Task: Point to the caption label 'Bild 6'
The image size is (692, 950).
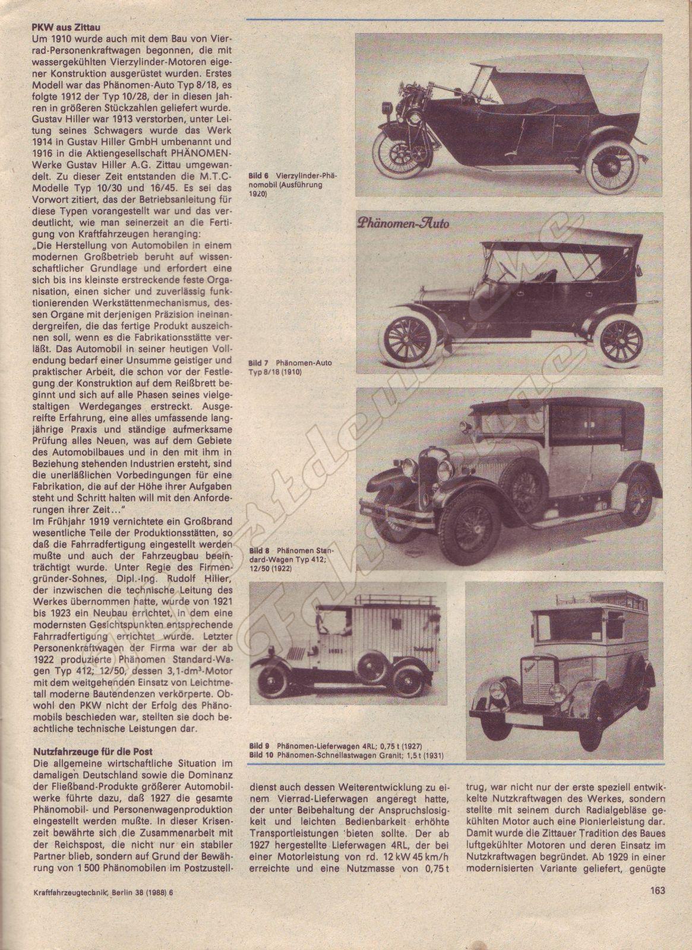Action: tap(260, 176)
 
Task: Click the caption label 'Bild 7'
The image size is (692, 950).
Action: tap(260, 362)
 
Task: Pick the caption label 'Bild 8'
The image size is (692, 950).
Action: tap(260, 551)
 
